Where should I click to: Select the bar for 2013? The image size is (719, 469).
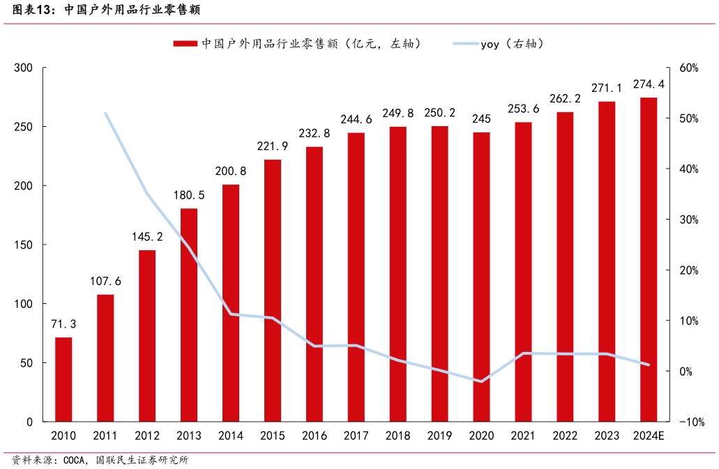(x=189, y=315)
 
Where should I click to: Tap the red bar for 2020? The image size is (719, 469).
(x=482, y=277)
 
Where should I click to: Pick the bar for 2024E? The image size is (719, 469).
(x=649, y=259)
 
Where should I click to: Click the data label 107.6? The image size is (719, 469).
(x=105, y=282)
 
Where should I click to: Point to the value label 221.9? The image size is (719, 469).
(x=273, y=146)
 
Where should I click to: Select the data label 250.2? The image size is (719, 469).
(x=440, y=113)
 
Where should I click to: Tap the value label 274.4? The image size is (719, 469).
(x=649, y=84)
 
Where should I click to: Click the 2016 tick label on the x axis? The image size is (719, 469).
(x=315, y=436)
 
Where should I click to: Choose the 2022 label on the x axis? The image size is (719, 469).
(x=566, y=436)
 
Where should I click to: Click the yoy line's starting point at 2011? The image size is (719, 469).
(x=105, y=113)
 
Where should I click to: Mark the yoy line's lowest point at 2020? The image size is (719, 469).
(x=482, y=381)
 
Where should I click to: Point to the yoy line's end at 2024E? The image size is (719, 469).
(x=649, y=364)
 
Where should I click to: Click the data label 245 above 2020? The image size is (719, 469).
(x=482, y=118)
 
